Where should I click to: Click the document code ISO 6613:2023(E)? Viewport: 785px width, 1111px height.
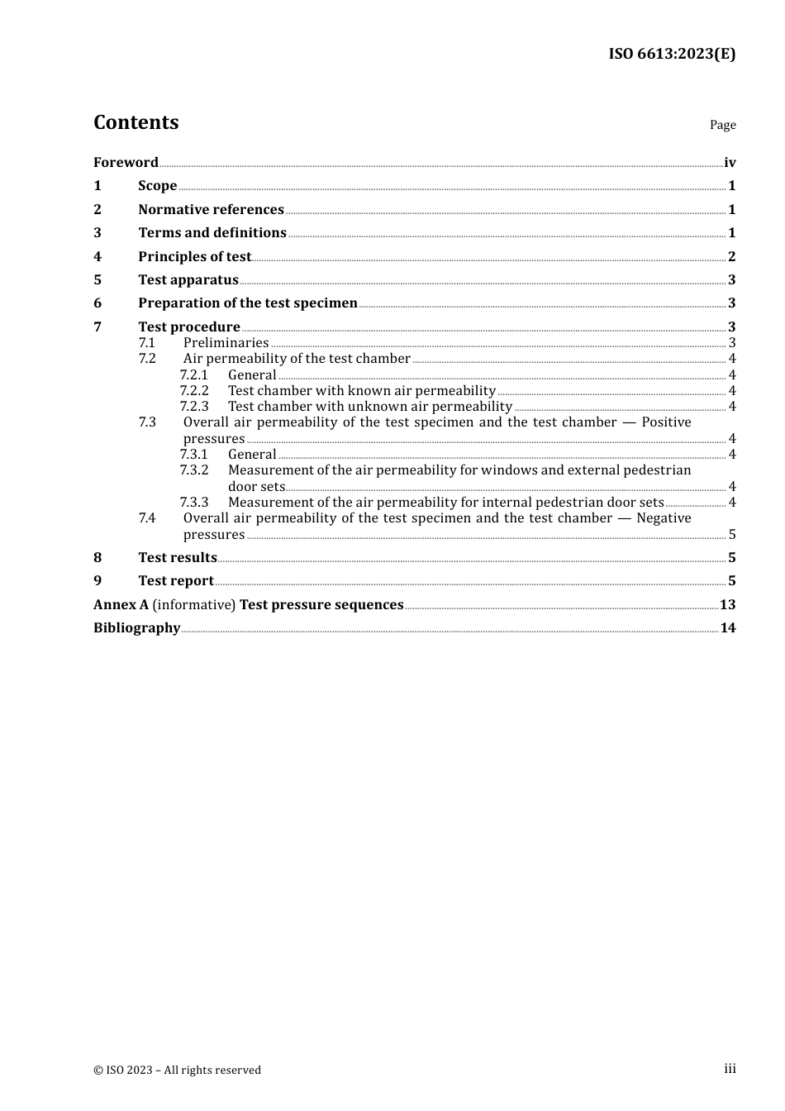[672, 55]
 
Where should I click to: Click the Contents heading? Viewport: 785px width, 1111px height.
[136, 122]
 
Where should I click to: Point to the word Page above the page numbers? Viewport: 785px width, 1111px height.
[722, 125]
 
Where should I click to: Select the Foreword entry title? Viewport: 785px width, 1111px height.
[126, 162]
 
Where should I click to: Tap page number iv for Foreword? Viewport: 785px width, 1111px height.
[730, 163]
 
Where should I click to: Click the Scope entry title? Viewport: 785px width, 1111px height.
[157, 186]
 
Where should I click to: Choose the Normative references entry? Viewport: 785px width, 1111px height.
[211, 210]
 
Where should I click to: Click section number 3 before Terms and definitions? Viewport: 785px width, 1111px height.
[98, 233]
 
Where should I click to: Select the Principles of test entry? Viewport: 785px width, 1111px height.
[194, 257]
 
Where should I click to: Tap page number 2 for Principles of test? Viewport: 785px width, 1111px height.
[731, 257]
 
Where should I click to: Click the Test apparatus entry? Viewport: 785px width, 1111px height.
[188, 280]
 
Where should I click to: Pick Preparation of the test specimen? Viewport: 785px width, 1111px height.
[247, 303]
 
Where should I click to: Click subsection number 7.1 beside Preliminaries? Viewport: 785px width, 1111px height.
[146, 343]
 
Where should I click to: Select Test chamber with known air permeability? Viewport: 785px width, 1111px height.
[361, 391]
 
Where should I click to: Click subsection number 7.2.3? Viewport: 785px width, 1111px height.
[194, 407]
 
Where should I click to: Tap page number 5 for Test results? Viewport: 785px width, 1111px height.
[731, 558]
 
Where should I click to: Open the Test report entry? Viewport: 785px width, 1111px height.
[175, 581]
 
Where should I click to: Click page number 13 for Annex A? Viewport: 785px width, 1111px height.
[727, 605]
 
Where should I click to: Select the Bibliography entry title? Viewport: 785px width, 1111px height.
[136, 628]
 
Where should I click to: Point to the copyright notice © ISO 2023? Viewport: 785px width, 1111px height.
[177, 1070]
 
